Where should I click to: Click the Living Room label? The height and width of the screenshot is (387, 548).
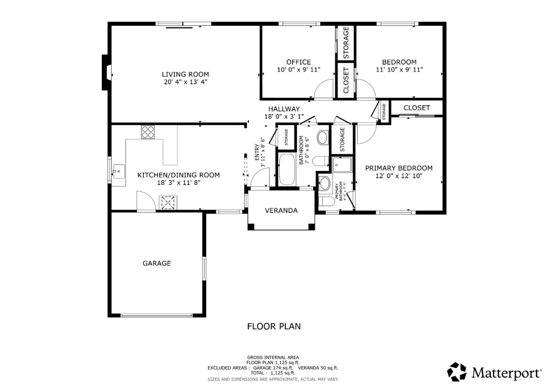coord(185,75)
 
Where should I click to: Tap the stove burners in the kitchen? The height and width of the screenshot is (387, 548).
coord(148,132)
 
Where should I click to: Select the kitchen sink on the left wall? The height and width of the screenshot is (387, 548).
coord(118,172)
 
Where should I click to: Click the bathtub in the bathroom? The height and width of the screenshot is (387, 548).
coord(287,170)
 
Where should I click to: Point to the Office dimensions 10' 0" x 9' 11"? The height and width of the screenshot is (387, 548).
coord(298,70)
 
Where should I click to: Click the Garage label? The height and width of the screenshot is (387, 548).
coord(156,263)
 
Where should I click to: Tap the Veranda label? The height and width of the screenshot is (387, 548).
coord(281,211)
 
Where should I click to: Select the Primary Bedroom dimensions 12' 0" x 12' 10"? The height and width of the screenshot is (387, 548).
coord(398,176)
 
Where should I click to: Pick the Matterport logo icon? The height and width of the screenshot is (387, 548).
coord(457,371)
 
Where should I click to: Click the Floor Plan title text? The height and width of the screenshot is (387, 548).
coord(274,326)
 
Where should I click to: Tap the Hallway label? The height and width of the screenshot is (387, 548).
coord(284,109)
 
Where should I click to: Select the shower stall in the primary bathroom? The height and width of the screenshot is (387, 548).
coord(342,165)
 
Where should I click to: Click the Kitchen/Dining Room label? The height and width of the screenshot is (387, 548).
coord(178,175)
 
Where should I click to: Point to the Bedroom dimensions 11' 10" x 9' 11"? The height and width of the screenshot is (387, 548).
coord(399,70)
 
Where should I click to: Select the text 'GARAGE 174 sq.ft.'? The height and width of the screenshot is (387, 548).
coord(273,368)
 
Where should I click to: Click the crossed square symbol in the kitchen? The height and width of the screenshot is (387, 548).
coord(168,202)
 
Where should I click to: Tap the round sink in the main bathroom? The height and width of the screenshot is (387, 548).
coord(323,138)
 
